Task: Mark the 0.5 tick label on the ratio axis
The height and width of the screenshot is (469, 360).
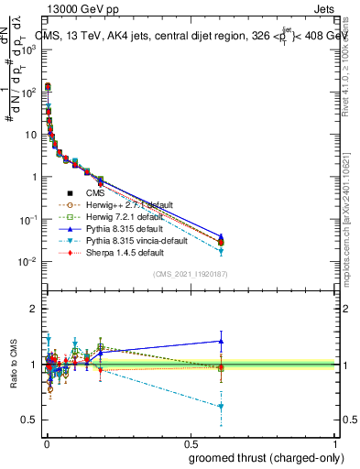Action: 28,420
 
